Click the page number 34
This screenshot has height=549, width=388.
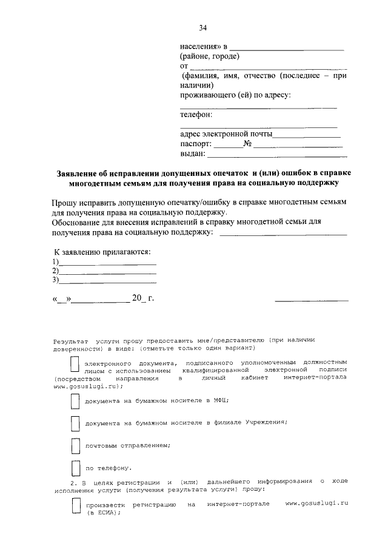(x=203, y=27)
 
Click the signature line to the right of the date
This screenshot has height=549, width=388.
(x=312, y=300)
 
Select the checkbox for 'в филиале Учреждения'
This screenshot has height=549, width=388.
(x=75, y=423)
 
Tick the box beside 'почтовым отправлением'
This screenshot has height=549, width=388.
(x=75, y=446)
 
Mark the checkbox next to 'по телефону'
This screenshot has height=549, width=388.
(x=75, y=468)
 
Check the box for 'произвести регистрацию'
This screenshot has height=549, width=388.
(x=75, y=506)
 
